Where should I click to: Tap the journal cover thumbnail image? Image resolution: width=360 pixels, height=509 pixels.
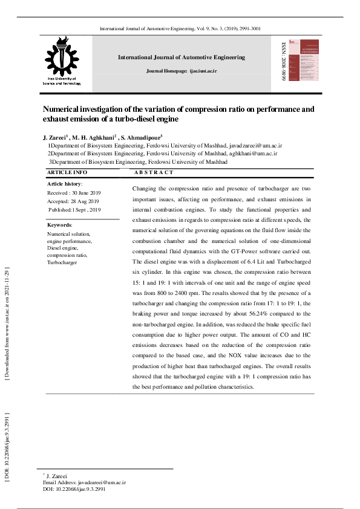303,61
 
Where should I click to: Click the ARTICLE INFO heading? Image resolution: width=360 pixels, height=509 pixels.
67,173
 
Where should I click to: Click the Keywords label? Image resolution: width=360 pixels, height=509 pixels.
59,225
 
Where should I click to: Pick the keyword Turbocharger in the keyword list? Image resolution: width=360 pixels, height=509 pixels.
62,263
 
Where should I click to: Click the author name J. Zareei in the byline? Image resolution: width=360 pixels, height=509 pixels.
54,137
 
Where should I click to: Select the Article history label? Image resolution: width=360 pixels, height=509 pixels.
64,183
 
